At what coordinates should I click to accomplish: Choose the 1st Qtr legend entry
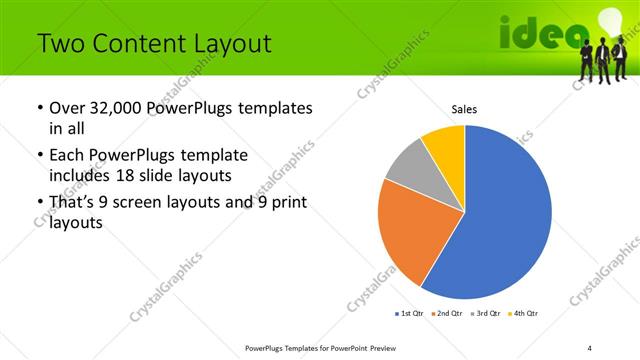pyautogui.click(x=411, y=314)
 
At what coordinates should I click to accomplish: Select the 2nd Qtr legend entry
pyautogui.click(x=447, y=314)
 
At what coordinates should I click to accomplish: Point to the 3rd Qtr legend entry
pyautogui.click(x=485, y=314)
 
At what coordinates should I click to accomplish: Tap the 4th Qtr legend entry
pyautogui.click(x=523, y=314)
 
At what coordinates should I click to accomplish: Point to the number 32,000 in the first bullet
pyautogui.click(x=117, y=108)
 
